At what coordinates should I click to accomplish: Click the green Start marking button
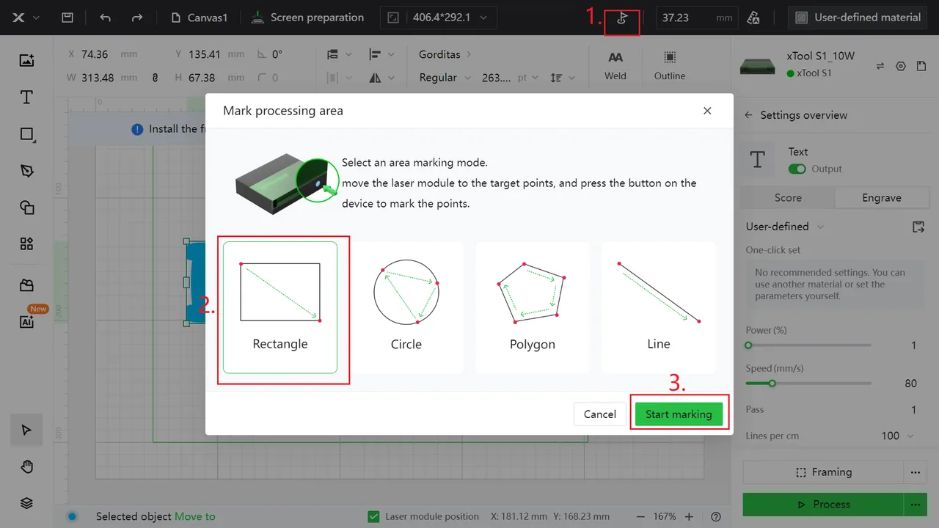click(x=679, y=414)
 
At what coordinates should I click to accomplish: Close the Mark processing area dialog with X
click(x=707, y=111)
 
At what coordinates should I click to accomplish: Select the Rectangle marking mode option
click(x=280, y=307)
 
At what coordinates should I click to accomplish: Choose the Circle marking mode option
click(x=406, y=307)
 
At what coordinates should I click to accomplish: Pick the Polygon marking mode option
click(x=533, y=307)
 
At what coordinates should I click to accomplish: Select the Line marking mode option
click(x=659, y=307)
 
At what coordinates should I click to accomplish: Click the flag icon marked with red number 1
click(x=622, y=18)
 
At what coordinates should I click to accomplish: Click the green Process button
click(x=823, y=504)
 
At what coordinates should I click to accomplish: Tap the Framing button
click(x=823, y=472)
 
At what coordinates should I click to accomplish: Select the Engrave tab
click(x=882, y=198)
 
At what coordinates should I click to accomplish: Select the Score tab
click(x=788, y=198)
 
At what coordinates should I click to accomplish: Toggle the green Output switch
click(x=797, y=169)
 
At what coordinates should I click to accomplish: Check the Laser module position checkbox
click(x=373, y=517)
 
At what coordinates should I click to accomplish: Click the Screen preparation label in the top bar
click(x=317, y=18)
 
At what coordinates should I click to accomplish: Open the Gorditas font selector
click(x=445, y=54)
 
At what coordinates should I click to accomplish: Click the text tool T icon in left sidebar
click(x=26, y=98)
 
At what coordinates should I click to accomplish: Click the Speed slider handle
click(x=772, y=384)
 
